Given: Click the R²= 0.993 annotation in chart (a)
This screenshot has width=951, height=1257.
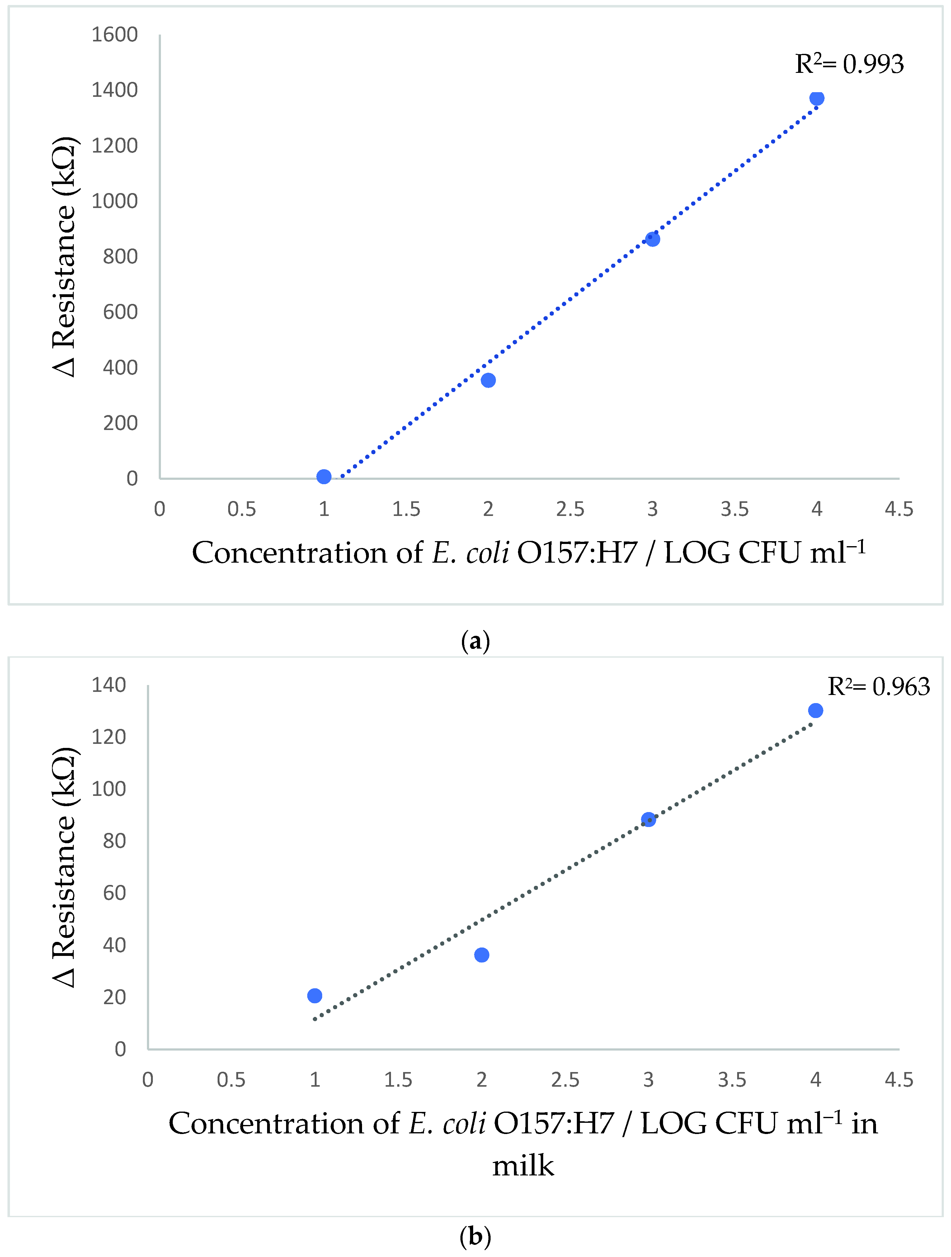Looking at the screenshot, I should coord(849,64).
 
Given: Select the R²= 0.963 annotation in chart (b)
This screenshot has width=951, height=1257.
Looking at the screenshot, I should coord(878,687).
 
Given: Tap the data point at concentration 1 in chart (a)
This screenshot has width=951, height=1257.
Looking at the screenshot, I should coord(324,476).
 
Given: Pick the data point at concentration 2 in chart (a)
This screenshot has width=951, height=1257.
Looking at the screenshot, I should coord(488,380).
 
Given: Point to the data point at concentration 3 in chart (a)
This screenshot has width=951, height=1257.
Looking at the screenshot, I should coord(653,239).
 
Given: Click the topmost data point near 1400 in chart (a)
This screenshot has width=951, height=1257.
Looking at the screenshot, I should coord(817,98).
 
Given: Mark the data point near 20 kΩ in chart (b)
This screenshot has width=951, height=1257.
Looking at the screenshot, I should coord(315,995).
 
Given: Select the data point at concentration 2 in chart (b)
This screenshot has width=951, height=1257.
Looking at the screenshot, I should coord(482,955).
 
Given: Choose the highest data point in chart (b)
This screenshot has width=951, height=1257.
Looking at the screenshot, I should coord(815,710).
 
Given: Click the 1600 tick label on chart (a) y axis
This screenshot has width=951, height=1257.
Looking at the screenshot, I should coord(115,35).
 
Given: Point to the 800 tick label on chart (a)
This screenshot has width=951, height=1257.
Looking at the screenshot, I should coord(120,256).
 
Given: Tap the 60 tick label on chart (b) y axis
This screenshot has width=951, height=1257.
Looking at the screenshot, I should coord(115,893).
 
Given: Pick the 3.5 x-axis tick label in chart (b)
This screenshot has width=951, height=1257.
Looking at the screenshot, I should coord(732,1080).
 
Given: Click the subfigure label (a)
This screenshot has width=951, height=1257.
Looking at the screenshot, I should coord(476,641).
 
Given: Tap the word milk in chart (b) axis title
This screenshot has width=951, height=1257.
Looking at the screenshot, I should coord(523,1166).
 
